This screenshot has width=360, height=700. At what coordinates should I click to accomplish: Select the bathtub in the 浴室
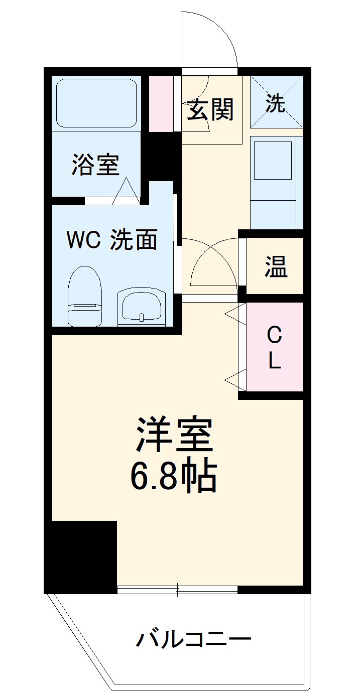click(96, 103)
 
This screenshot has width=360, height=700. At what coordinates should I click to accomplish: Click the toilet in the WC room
click(85, 296)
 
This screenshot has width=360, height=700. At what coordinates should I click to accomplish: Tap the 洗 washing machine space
click(276, 102)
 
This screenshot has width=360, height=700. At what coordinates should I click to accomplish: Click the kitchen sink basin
click(273, 160)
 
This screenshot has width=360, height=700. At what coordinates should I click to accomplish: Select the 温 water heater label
click(276, 267)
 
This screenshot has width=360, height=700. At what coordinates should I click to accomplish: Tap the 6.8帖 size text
click(174, 476)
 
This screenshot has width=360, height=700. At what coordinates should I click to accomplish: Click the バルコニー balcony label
click(193, 639)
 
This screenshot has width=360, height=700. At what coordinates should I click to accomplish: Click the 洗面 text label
click(134, 240)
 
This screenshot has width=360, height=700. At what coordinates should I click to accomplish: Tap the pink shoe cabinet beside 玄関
click(161, 103)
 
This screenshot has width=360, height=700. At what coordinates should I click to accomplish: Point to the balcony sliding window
click(177, 590)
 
